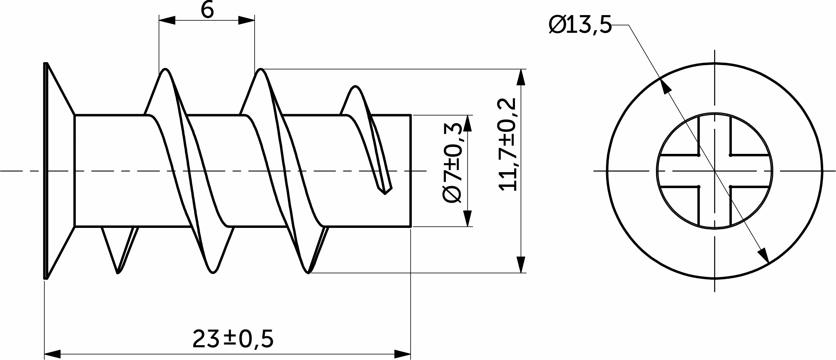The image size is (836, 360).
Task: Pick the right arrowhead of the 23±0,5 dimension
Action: (402, 354)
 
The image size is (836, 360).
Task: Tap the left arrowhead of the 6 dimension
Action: (167, 20)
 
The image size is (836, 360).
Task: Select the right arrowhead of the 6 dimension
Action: (246, 20)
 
